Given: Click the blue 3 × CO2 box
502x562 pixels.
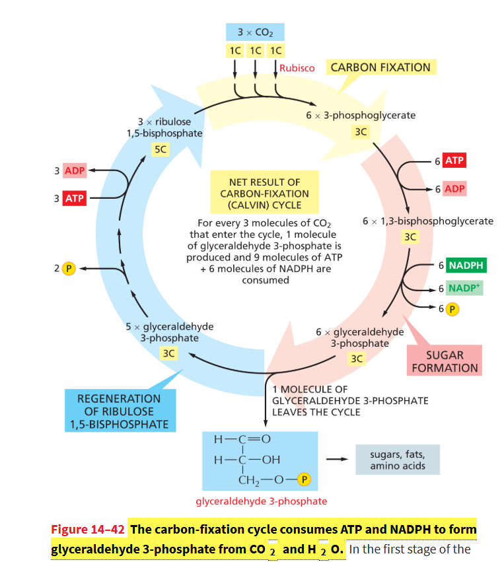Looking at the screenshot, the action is [x=255, y=32].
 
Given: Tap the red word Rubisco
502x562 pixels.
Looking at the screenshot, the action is [x=297, y=68].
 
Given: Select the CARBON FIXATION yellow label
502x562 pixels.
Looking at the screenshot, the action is [x=381, y=67].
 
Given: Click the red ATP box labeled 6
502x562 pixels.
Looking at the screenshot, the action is [x=454, y=160].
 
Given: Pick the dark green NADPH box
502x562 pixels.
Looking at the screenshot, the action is [x=466, y=265].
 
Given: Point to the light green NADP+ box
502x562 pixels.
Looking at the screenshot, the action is [x=464, y=288].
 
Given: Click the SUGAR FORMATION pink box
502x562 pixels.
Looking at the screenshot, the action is [x=445, y=361].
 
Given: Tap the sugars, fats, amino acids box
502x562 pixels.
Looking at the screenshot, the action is [x=398, y=460].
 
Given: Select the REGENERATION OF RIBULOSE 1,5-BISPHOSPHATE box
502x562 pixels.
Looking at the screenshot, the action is [x=120, y=411].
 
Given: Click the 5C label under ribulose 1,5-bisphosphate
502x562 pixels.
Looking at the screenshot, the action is [x=161, y=149].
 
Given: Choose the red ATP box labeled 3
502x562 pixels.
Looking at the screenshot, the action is [x=75, y=198].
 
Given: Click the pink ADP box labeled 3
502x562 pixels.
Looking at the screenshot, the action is [x=75, y=170].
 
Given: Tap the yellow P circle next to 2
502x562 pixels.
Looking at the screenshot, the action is [x=69, y=269].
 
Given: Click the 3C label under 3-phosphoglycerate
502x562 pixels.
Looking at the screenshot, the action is [x=361, y=132].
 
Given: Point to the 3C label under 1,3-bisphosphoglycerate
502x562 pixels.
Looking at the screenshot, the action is [x=410, y=236].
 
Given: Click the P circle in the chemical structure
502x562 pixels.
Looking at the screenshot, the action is [x=304, y=479].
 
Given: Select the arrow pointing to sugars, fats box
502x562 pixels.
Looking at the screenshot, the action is [x=337, y=459].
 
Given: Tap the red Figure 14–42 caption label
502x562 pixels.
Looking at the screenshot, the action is [x=88, y=530].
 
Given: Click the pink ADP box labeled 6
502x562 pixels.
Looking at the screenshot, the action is [x=454, y=188].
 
